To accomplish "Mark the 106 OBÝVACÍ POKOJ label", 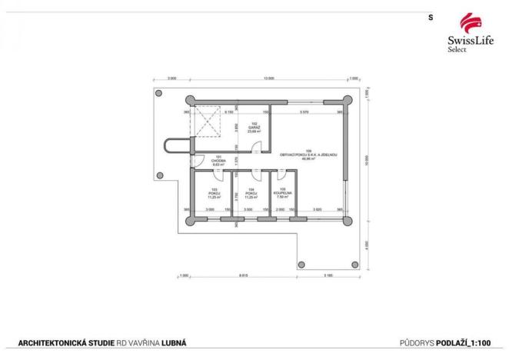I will coord(308,154).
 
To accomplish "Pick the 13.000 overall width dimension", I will coord(268,79).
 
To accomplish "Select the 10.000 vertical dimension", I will coord(368,165).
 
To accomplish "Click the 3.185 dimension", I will coord(328,275).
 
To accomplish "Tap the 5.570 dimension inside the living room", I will coord(304,112).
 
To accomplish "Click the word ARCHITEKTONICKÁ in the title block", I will coord(51,342).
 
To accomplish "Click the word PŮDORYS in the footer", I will coord(418,342).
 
